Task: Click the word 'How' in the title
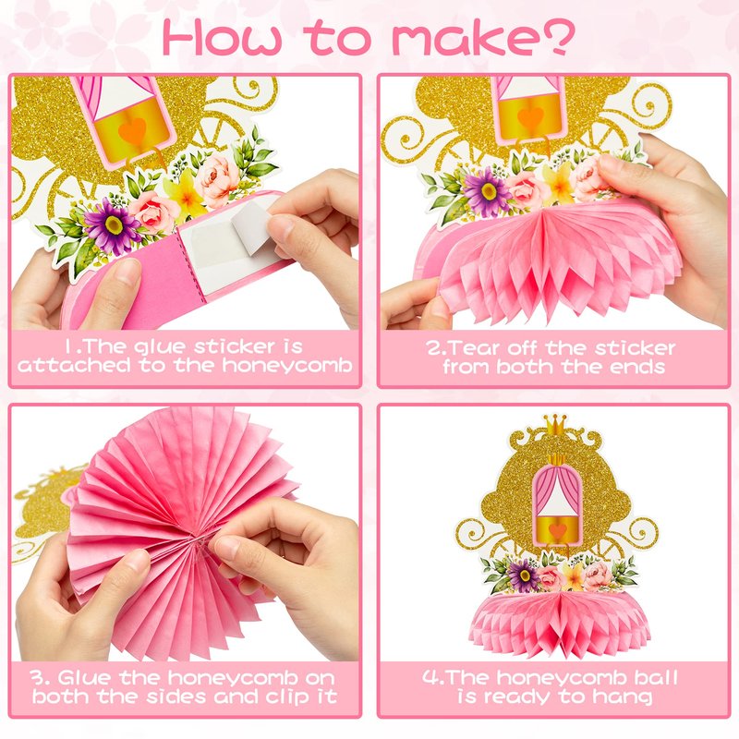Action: tap(222, 38)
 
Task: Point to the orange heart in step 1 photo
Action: tap(132, 130)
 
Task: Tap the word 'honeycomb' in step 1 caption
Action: tap(287, 366)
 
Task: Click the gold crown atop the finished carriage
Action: tap(556, 424)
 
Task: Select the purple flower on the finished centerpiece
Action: tap(522, 575)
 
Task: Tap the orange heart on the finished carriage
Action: tap(557, 530)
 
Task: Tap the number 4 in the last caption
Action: tap(430, 678)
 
